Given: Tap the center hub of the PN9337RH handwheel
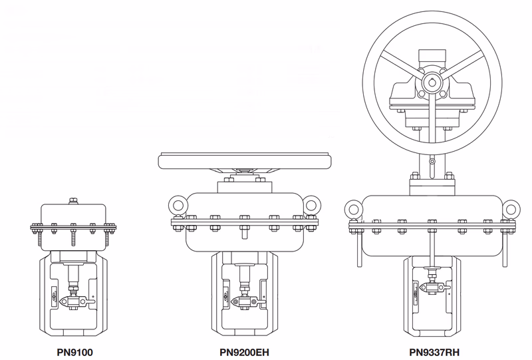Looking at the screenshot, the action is [432, 83].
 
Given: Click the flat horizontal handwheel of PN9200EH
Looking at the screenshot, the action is [244, 160].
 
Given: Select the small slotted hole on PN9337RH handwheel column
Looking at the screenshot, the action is [432, 162].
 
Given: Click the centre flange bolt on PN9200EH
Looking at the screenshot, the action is [244, 219].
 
